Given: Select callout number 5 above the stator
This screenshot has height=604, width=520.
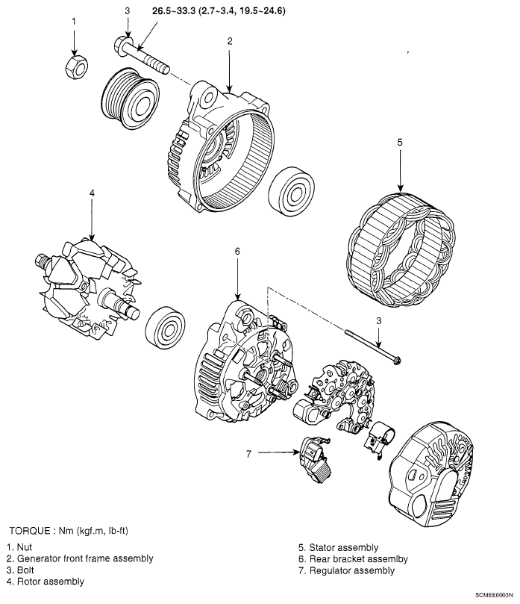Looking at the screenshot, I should (400, 141).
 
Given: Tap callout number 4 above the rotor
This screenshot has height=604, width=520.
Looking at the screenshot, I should (91, 193).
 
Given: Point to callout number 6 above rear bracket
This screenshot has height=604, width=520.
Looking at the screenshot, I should (236, 252).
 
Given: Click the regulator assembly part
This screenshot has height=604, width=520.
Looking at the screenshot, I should (313, 456).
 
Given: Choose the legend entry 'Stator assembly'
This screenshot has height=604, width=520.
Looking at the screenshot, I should (339, 547).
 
